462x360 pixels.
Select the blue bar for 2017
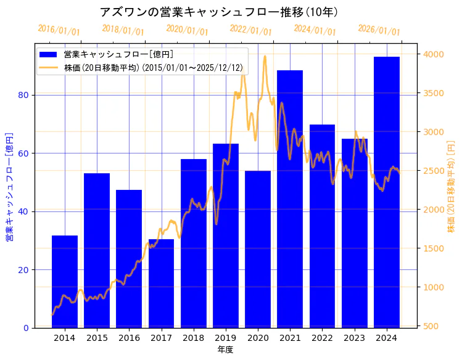[161, 283]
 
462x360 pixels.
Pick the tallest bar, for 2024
[387, 192]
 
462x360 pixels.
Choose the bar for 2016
[129, 258]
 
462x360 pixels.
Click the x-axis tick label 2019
[226, 338]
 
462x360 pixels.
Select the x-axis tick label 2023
[355, 338]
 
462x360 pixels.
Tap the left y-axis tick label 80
[25, 95]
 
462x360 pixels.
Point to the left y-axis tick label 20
[25, 269]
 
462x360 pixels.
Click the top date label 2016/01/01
[59, 30]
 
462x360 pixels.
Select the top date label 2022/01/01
[250, 30]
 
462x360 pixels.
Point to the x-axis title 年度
[226, 350]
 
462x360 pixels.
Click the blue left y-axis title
[9, 186]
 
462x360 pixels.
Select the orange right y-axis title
[451, 186]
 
